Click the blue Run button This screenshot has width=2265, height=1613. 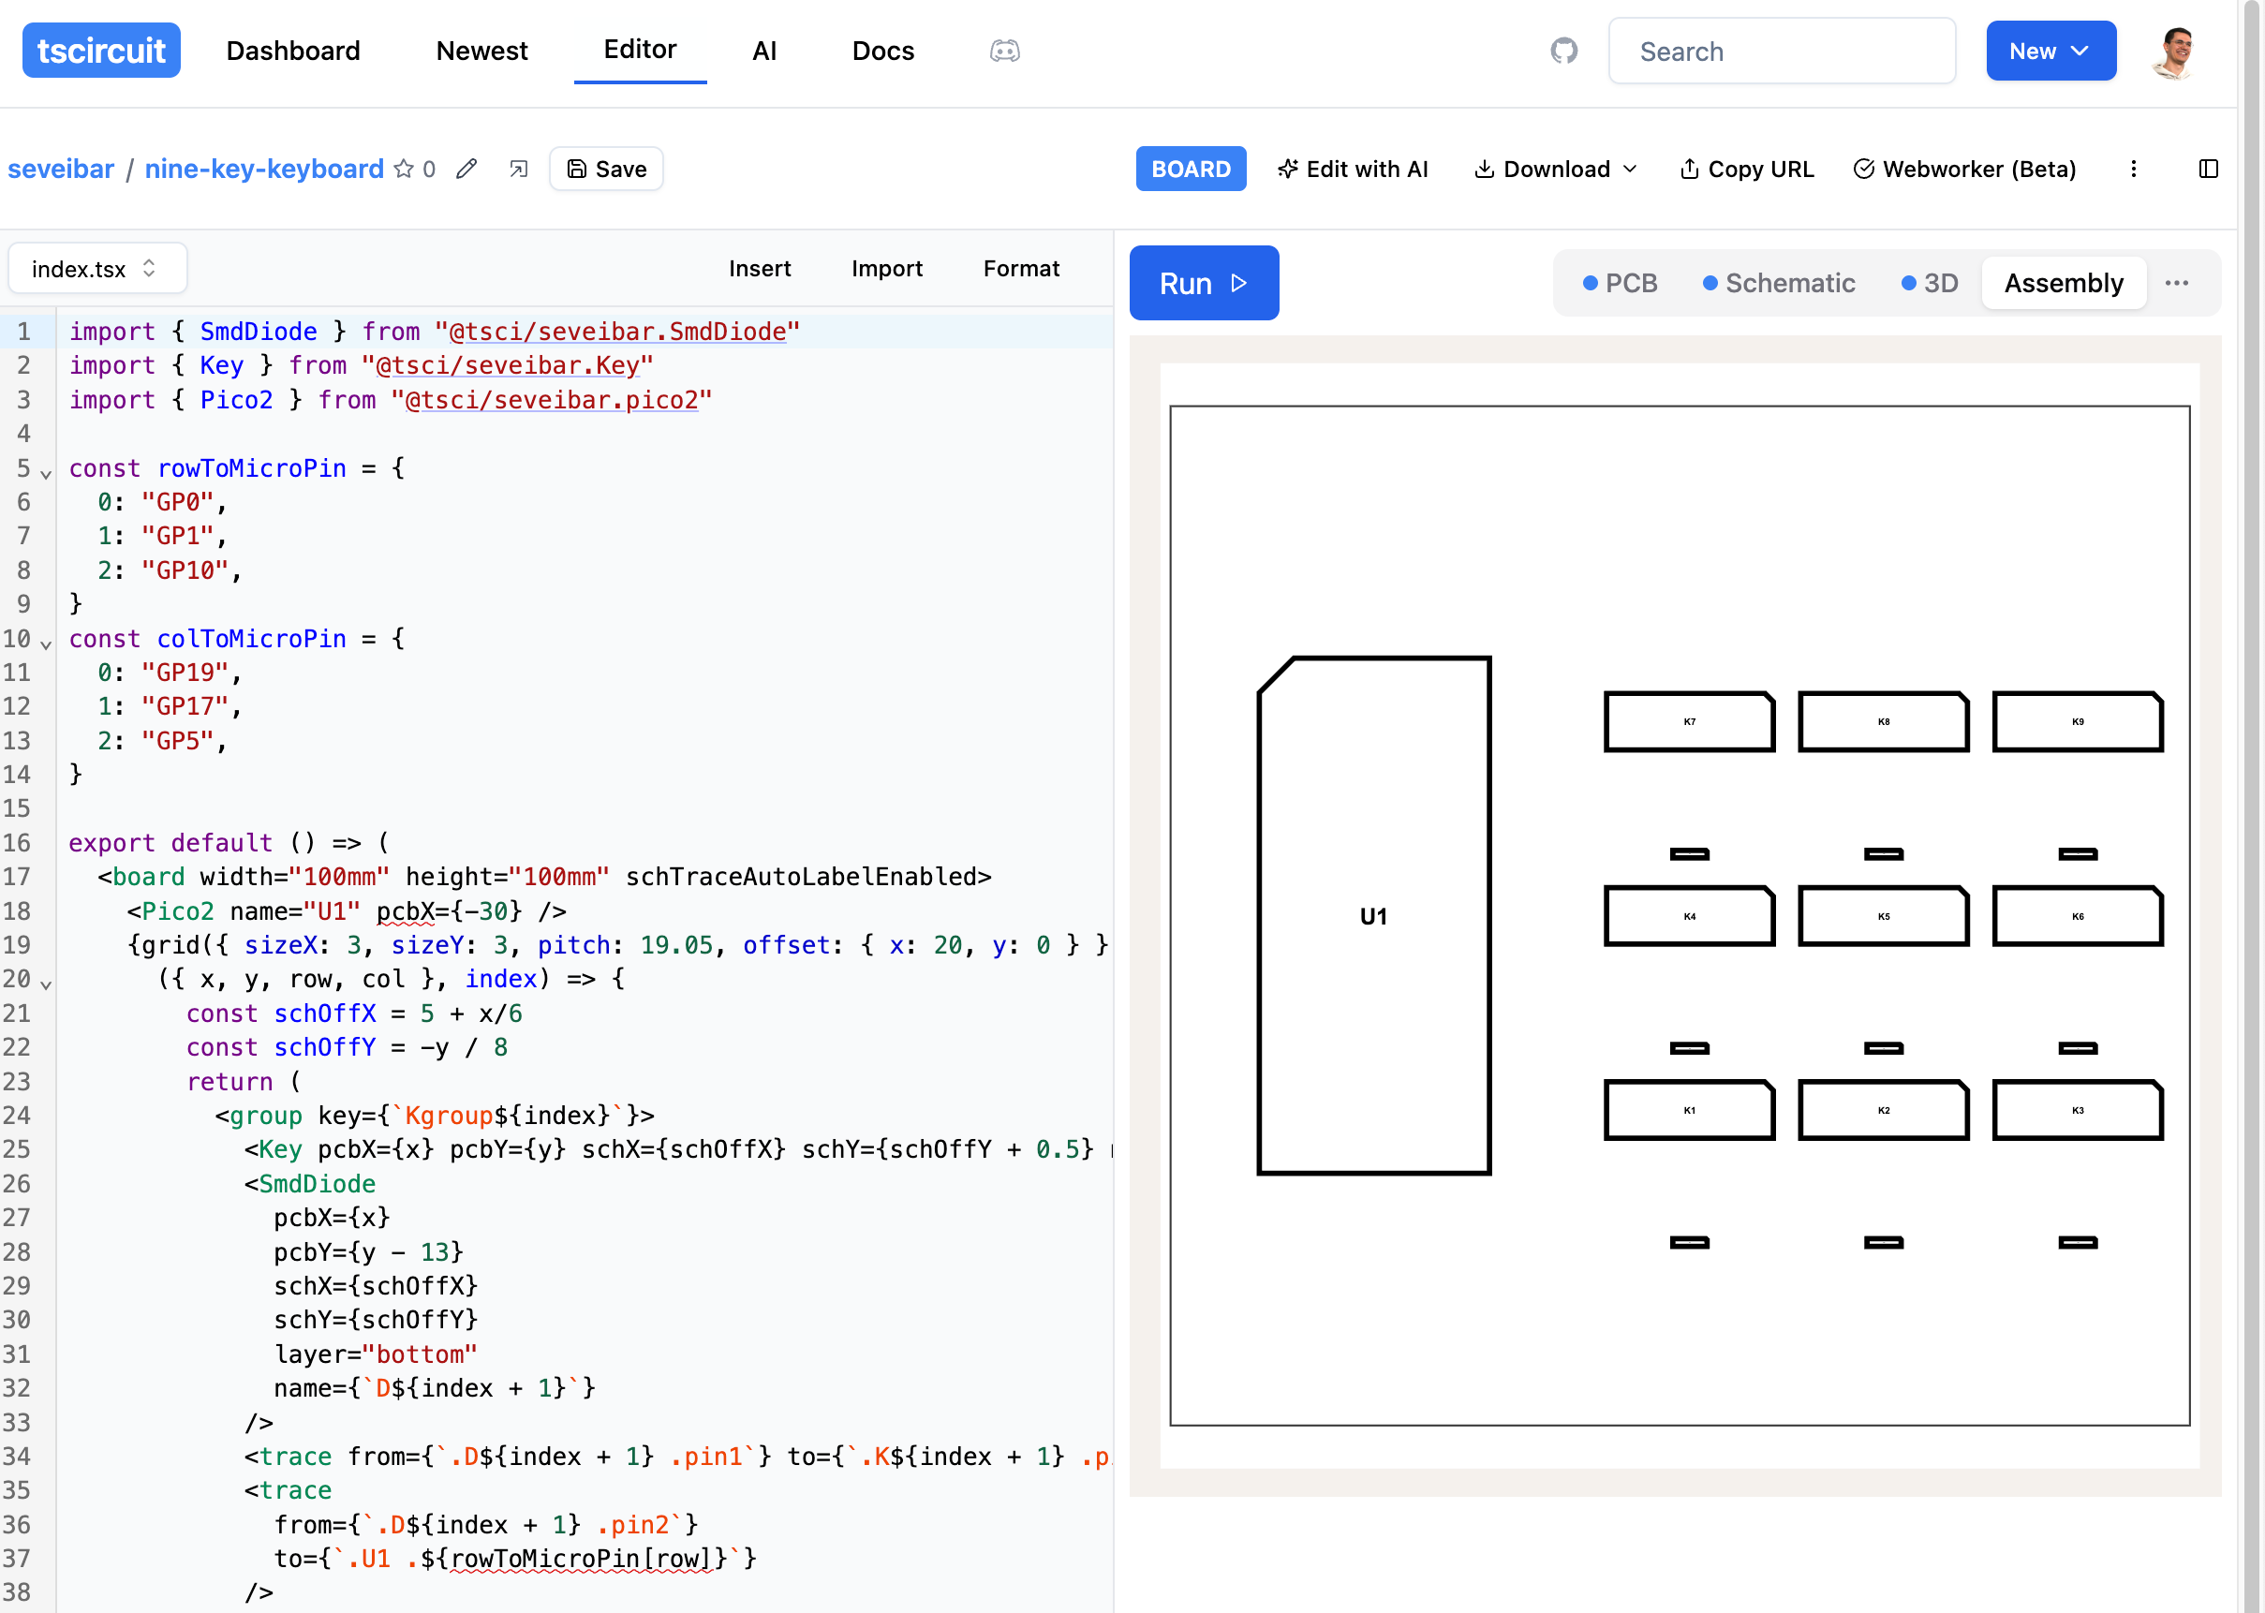(x=1203, y=283)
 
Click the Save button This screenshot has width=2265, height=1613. (x=606, y=169)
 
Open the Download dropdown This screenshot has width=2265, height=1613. (x=1555, y=169)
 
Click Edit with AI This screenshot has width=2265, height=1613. (x=1353, y=169)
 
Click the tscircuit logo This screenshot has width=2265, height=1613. (x=100, y=51)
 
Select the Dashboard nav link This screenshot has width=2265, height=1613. (x=293, y=51)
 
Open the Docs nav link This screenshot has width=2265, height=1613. (x=882, y=51)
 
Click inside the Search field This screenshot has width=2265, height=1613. (x=1782, y=51)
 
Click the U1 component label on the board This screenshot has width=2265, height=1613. (x=1372, y=916)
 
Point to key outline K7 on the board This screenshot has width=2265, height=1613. (x=1688, y=722)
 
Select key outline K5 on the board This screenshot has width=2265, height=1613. (x=1883, y=916)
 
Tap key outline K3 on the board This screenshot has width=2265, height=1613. (x=2077, y=1109)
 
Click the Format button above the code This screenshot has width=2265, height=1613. (x=1021, y=268)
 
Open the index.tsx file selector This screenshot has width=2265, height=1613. (x=96, y=268)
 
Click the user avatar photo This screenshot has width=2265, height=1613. (x=2173, y=51)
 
